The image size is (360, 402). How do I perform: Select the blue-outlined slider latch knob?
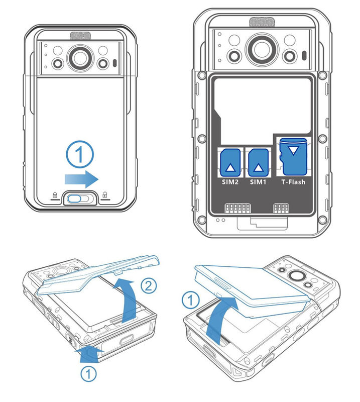[77, 198]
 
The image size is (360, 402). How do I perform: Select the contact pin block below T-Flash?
[280, 208]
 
